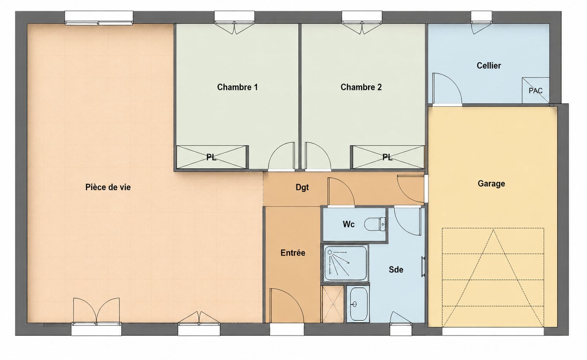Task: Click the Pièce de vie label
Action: pos(108,187)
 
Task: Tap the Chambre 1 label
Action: pos(237,87)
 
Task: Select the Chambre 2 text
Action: pos(361,87)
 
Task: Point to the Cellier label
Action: pos(489,66)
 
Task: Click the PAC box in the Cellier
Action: pos(536,91)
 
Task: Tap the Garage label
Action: pos(491,184)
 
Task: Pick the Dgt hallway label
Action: pos(302,187)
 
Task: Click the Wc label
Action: pos(348,224)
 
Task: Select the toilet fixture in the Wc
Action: pos(375,224)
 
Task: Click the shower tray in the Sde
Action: pos(346,264)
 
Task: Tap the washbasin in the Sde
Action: pos(358,304)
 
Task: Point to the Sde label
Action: pos(396,269)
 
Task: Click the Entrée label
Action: pos(293,253)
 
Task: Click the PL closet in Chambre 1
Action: pos(212,157)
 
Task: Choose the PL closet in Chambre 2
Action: pos(387,157)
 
